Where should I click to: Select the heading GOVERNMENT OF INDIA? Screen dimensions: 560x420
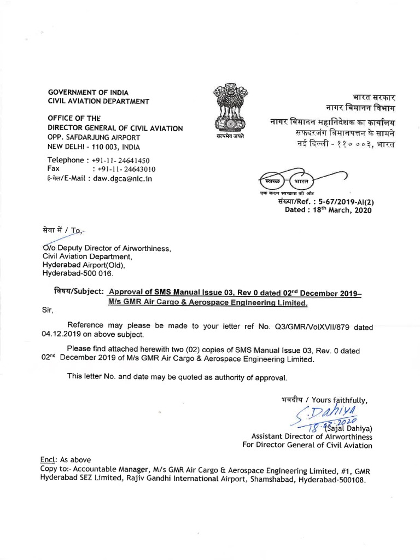88,92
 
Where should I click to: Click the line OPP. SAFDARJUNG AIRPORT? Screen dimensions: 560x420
94,137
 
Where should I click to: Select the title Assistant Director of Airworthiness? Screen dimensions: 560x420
311,436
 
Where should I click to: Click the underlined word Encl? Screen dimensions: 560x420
49,460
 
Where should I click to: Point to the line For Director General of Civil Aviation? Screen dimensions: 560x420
307,445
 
